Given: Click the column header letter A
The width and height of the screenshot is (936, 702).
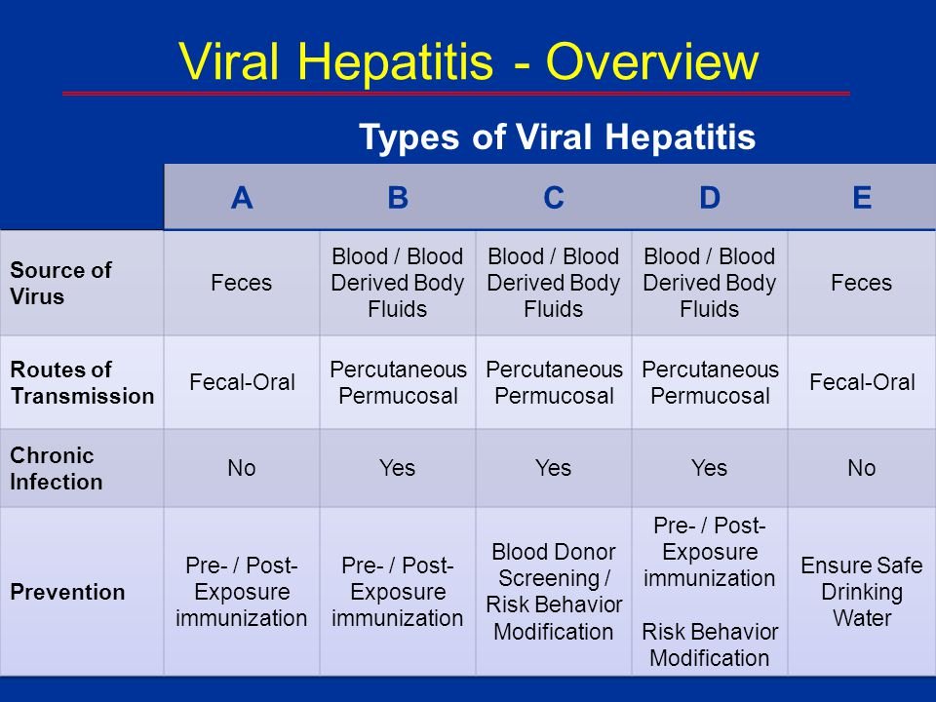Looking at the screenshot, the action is (x=242, y=198).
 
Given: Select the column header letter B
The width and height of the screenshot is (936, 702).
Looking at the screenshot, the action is (x=398, y=198).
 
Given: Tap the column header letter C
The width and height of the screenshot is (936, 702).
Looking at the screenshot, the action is (x=554, y=198).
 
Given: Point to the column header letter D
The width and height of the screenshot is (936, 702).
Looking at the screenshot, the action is (x=710, y=198).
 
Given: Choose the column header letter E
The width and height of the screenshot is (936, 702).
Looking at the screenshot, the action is (x=862, y=198).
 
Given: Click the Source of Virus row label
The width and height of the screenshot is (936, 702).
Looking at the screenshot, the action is (x=60, y=283).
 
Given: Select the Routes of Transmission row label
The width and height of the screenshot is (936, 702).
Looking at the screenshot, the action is (x=82, y=382).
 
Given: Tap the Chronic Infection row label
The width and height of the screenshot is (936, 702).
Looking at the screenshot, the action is (x=57, y=469).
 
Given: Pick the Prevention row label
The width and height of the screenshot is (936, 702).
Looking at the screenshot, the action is (x=67, y=592).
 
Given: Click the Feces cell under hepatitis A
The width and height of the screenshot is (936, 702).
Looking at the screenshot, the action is (x=241, y=283).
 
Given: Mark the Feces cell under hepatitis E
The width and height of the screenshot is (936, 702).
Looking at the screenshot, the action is (x=861, y=283).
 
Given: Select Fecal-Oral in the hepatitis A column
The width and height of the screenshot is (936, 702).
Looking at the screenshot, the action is (x=242, y=382).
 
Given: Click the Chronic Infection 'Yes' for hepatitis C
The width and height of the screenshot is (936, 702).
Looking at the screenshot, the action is (x=554, y=468).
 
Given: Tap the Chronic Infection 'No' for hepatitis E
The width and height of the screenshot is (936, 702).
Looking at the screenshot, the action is (x=861, y=468).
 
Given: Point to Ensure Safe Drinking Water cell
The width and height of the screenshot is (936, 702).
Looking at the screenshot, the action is (x=861, y=592).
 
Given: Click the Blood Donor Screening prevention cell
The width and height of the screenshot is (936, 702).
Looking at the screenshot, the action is (x=554, y=592).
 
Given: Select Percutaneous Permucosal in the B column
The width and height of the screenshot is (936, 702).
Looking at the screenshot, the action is (x=398, y=382).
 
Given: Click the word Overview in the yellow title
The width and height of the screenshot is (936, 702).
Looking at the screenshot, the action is (x=652, y=61).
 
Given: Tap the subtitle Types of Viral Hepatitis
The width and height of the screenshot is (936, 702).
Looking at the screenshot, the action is (x=557, y=136).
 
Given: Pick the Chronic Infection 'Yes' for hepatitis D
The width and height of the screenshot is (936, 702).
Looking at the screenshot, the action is (x=709, y=468).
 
